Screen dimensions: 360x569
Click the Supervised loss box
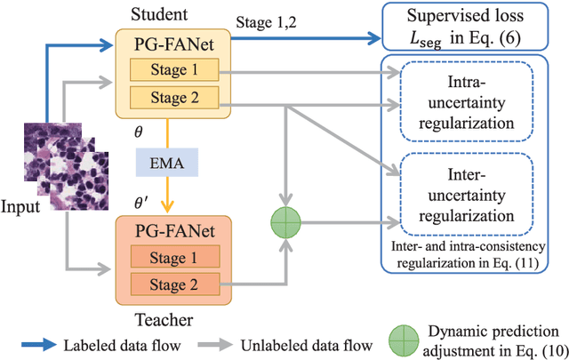[472, 30]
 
